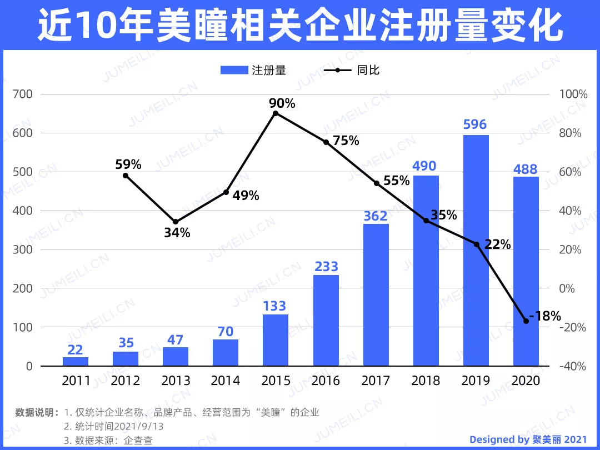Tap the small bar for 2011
pos(76,361)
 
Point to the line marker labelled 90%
pos(276,113)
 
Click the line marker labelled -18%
pos(526,321)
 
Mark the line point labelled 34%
pos(176,222)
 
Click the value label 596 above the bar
pos(475,124)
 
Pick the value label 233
pos(326,267)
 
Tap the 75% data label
pos(346,141)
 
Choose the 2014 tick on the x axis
pos(226,381)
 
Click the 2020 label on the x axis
pos(526,381)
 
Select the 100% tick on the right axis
pos(573,94)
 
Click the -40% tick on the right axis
pos(572,366)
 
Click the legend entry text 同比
pos(368,71)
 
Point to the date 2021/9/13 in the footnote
pos(139,427)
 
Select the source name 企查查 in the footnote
pos(138,441)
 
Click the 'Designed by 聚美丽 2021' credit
pos(528,439)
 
